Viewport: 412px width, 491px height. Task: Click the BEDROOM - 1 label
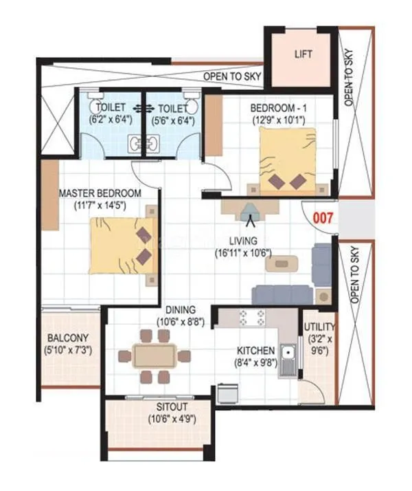click(277, 109)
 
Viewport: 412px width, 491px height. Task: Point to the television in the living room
click(249, 210)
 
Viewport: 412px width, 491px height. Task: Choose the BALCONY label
click(67, 338)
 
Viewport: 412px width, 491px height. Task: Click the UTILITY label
click(319, 327)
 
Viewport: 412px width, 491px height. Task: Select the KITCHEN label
click(256, 351)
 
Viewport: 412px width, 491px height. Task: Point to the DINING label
click(180, 310)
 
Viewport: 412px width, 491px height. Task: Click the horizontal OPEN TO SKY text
click(231, 76)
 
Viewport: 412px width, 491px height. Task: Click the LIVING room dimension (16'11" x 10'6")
click(242, 252)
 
